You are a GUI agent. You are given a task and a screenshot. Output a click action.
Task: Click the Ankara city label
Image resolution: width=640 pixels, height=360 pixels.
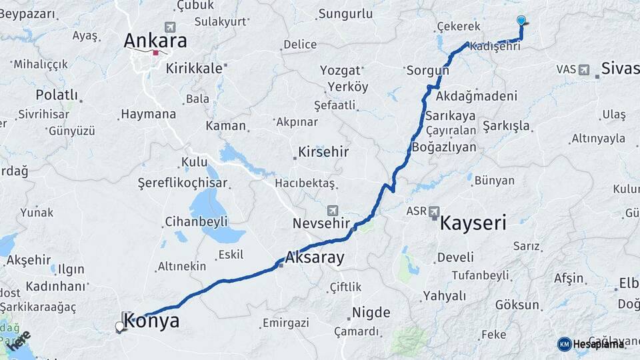(155, 40)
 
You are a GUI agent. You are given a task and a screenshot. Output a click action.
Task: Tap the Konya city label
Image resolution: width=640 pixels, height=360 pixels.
(152, 321)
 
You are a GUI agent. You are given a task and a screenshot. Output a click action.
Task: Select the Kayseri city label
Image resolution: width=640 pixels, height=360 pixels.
(473, 222)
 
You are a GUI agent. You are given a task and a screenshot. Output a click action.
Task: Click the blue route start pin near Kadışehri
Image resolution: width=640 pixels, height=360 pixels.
(521, 21)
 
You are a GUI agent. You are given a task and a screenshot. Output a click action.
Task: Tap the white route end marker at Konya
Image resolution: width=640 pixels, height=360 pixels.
(120, 327)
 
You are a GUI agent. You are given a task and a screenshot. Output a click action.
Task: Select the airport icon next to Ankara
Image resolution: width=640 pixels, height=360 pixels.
(170, 27)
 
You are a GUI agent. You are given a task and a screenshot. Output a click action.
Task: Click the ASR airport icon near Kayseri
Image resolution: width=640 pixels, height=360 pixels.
(435, 211)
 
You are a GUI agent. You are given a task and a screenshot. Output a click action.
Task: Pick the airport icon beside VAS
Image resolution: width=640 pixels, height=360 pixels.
(585, 69)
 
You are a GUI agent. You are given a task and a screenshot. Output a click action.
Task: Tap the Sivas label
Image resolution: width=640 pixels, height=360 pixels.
(619, 68)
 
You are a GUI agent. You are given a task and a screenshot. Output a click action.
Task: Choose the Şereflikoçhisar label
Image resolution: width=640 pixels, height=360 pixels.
(182, 183)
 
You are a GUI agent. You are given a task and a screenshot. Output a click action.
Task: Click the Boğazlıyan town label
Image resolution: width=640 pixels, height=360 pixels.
(444, 147)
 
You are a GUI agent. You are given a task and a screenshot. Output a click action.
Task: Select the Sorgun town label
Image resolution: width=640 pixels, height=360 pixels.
(425, 69)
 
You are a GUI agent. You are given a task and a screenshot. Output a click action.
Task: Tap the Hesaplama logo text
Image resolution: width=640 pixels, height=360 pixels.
(599, 344)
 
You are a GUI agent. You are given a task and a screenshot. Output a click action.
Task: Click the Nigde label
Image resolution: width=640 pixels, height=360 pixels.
(371, 311)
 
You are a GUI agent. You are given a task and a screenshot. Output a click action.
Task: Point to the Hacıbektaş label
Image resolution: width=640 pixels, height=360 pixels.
(304, 183)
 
